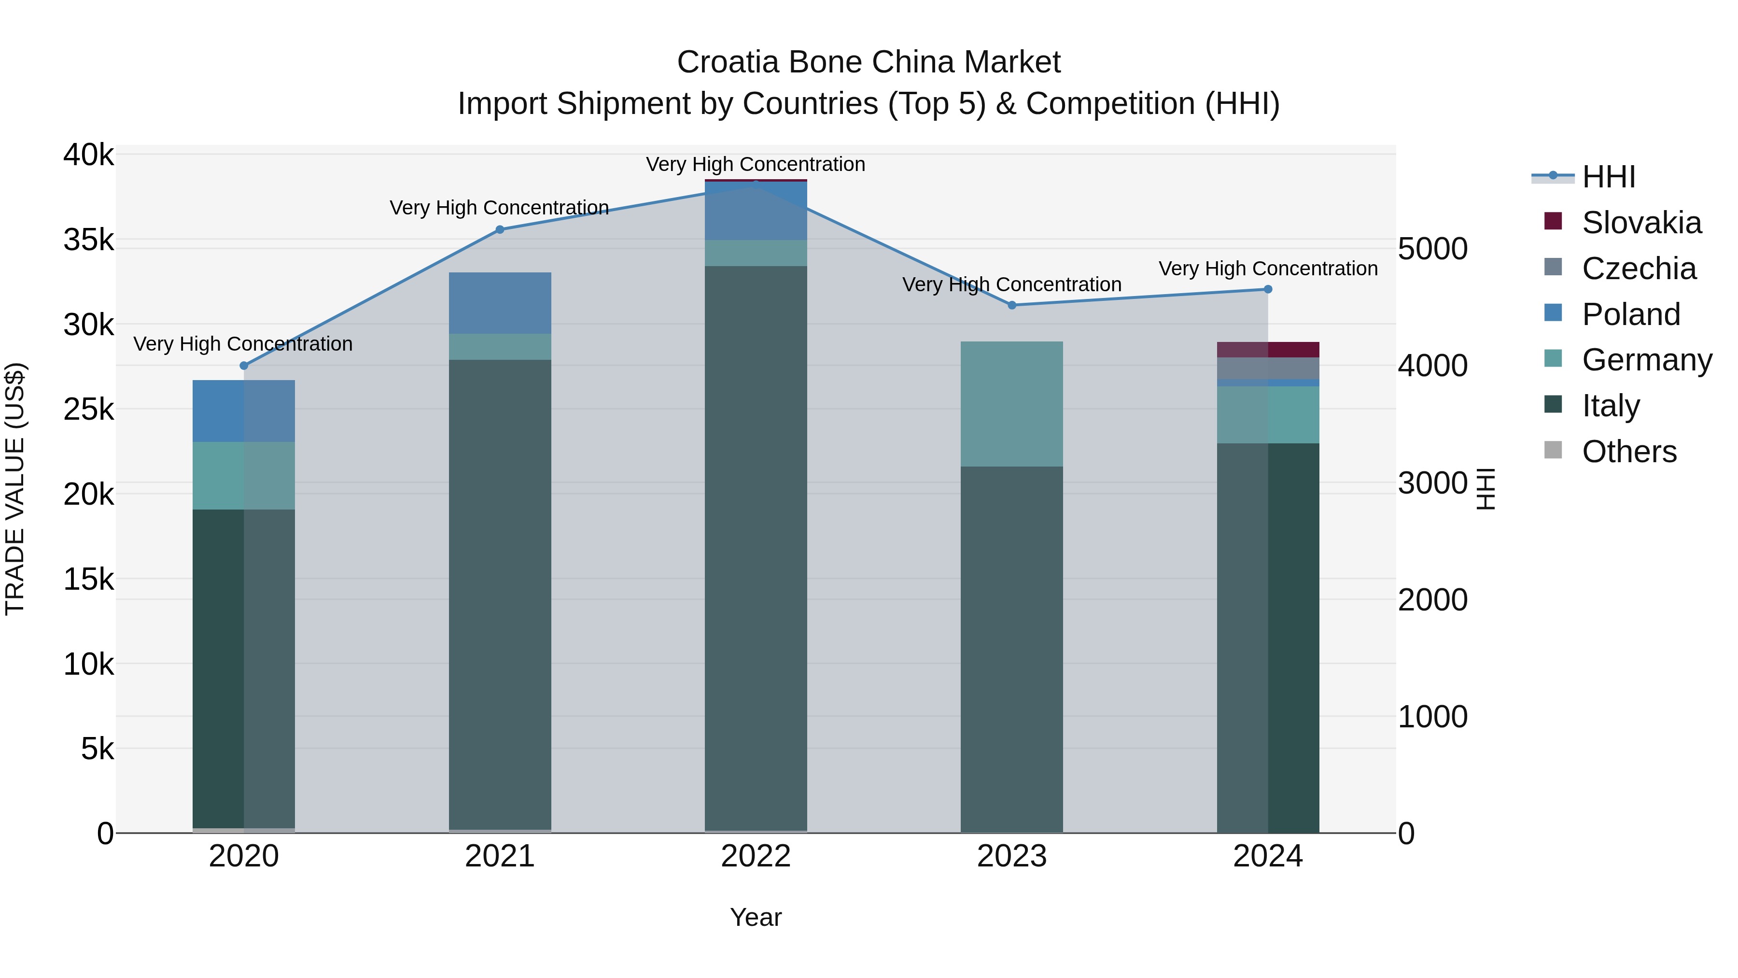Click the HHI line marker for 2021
(500, 229)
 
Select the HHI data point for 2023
(1011, 305)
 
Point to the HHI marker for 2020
(244, 366)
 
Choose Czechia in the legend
(1638, 269)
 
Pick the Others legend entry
(1629, 452)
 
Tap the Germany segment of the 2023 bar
(1011, 404)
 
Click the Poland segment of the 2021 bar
(500, 303)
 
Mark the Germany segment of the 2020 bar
(244, 475)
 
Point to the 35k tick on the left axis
(88, 241)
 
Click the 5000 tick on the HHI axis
(1432, 249)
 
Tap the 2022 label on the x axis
(755, 856)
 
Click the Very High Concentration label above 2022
(755, 165)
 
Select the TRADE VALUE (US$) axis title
(15, 489)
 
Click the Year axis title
(755, 917)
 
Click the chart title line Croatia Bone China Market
(869, 62)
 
